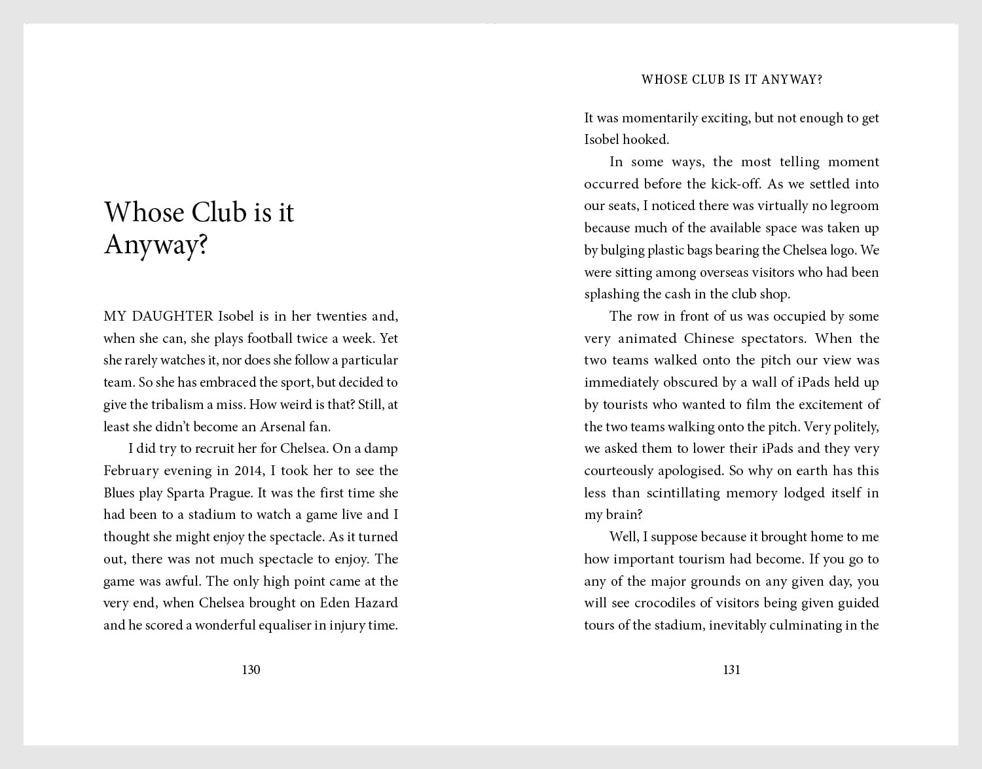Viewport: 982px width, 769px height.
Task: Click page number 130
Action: (251, 670)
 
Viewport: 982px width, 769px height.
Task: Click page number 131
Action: (731, 670)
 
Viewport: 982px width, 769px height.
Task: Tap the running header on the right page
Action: (731, 80)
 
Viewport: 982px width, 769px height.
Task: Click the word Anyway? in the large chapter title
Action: (156, 245)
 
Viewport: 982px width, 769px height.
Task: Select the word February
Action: (131, 471)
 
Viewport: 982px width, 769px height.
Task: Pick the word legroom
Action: (853, 206)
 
